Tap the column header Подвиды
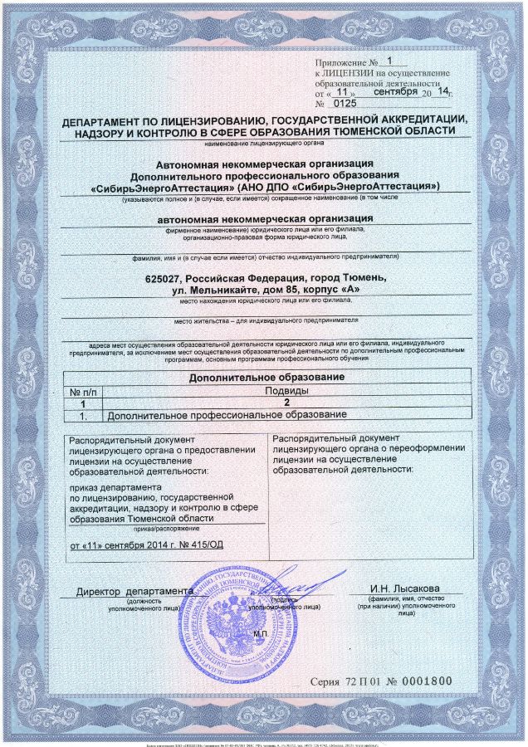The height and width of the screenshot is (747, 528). [x=286, y=390]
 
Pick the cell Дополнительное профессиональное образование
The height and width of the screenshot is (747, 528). [x=224, y=414]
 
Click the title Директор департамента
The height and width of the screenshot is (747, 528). [x=135, y=591]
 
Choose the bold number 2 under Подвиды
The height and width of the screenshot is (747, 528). [x=286, y=402]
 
